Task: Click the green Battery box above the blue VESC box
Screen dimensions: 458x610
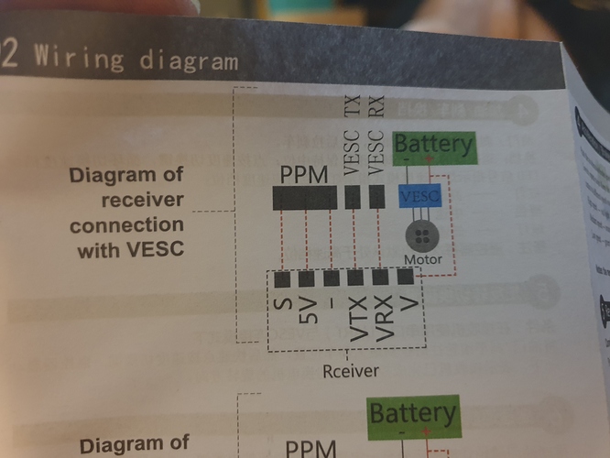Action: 433,145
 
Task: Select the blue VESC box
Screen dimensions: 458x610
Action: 420,195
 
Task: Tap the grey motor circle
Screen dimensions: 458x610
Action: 422,235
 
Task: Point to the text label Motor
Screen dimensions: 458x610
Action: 422,260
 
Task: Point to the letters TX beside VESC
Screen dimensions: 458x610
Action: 352,104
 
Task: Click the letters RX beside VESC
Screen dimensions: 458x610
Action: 376,104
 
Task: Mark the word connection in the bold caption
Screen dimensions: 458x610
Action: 127,224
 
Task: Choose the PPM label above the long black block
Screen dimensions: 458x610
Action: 304,175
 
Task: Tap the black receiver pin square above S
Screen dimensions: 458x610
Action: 282,278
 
